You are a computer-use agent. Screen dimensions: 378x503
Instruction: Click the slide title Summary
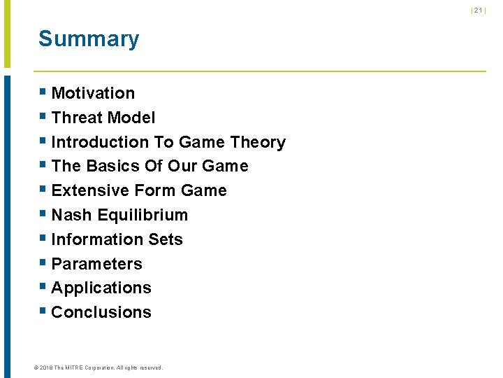click(x=89, y=39)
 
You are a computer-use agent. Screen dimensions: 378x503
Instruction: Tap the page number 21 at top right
click(x=479, y=10)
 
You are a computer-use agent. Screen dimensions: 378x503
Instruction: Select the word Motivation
click(x=93, y=93)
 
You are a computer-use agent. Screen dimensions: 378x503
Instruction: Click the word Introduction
click(x=101, y=142)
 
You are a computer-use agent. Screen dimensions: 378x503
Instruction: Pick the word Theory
click(x=258, y=142)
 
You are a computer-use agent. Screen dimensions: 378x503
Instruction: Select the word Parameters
click(x=96, y=264)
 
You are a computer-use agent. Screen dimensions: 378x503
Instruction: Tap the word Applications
click(x=101, y=288)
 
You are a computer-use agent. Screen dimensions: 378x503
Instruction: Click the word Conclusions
click(x=101, y=312)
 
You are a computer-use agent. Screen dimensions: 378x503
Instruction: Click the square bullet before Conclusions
click(x=43, y=311)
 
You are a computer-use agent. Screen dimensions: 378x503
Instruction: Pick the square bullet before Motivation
click(x=43, y=92)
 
